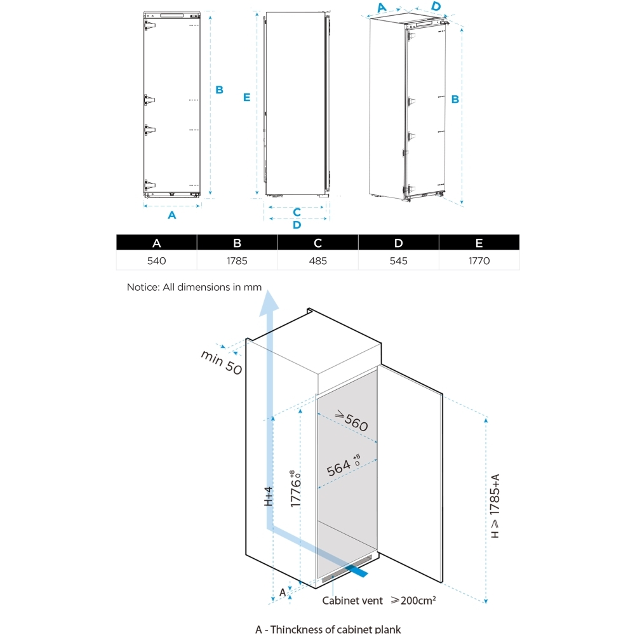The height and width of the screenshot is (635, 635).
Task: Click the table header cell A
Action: click(x=156, y=243)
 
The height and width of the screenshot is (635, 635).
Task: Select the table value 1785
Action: click(x=237, y=261)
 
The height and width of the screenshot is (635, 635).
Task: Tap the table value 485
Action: click(x=317, y=261)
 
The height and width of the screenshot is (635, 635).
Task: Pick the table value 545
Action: click(x=398, y=261)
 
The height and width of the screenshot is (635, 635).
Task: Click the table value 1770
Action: click(x=479, y=261)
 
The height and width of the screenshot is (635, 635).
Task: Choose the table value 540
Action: click(x=156, y=261)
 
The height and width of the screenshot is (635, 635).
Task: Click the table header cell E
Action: click(x=479, y=243)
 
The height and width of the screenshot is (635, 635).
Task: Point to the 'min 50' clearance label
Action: click(x=222, y=363)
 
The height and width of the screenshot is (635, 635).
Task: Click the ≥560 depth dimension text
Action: click(x=351, y=422)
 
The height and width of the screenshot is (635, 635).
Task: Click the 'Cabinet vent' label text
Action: click(x=352, y=600)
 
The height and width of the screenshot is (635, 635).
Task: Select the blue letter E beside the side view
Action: click(x=246, y=97)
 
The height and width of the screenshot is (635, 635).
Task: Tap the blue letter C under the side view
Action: click(x=297, y=211)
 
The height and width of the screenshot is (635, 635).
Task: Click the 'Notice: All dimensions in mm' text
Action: click(x=194, y=287)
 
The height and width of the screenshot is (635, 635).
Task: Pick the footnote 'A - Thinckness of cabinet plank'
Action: click(x=328, y=629)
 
